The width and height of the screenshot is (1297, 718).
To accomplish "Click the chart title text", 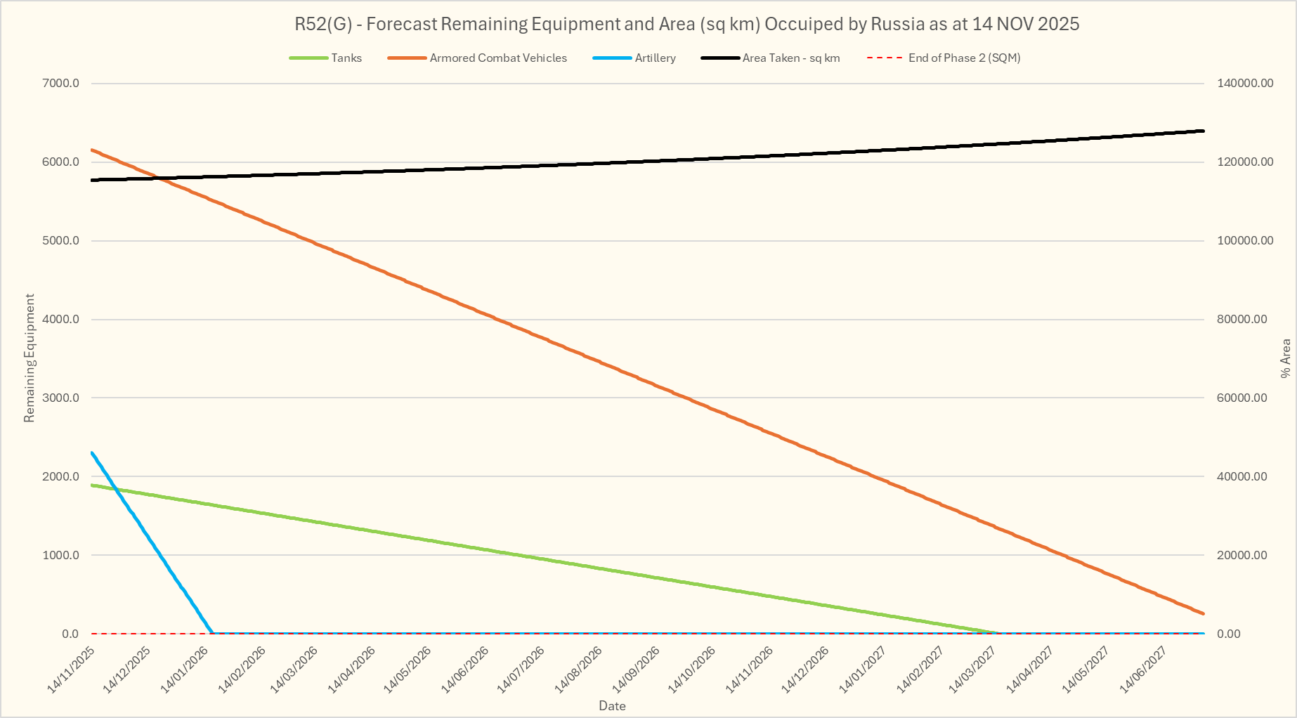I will coord(686,25).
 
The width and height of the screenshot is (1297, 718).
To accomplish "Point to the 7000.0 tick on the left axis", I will coord(61,84).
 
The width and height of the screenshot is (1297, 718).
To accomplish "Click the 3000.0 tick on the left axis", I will coord(61,398).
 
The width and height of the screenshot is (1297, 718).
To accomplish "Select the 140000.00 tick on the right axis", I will coord(1244,84).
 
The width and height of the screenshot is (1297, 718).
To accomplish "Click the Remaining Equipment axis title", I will coord(29,358).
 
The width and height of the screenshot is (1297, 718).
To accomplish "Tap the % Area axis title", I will coord(1286,358).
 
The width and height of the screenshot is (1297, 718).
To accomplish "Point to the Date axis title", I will coord(612,706).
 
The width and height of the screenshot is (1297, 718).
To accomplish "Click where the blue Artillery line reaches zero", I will coord(213,633).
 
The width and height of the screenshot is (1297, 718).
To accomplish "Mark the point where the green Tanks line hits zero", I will coord(998,633).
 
